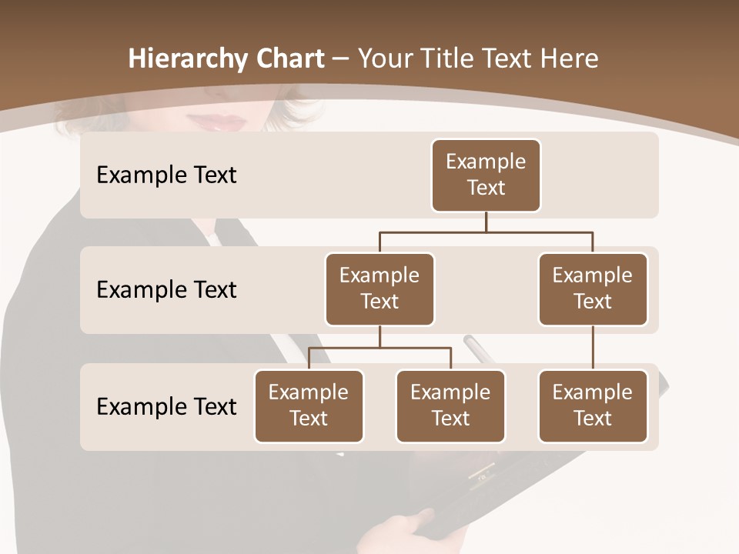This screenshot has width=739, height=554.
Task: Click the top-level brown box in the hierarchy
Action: coord(486,175)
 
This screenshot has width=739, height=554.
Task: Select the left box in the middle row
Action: coord(380,289)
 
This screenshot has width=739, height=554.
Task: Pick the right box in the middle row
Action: coord(593,289)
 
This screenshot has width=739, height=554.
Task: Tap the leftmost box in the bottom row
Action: coord(309,406)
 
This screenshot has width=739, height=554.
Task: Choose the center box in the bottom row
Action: coord(450,406)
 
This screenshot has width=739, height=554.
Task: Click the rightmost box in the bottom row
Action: coord(593,406)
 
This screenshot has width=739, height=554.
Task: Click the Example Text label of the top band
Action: coord(166,175)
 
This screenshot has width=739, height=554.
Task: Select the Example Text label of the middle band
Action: coord(166,290)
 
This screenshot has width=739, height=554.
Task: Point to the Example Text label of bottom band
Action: coord(166,406)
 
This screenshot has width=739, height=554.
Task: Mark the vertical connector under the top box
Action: coord(486,222)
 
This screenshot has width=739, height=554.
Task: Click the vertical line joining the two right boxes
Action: coord(593,348)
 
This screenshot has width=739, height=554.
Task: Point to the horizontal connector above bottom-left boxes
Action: coord(380,348)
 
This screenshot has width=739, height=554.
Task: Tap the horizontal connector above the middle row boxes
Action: coord(486,232)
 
